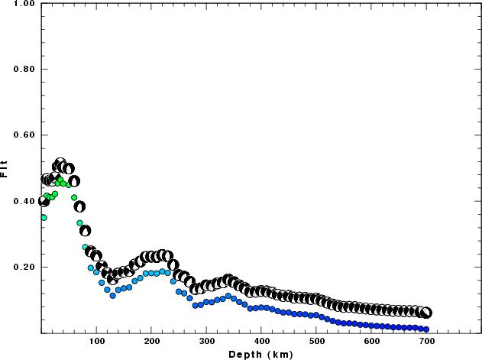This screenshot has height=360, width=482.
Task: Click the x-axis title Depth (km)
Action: point(261,355)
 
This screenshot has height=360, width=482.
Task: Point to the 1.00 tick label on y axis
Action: point(23,4)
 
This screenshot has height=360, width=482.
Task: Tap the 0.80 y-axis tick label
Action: point(23,70)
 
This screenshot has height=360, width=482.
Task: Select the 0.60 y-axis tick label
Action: point(23,135)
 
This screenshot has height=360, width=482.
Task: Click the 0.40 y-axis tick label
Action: point(23,201)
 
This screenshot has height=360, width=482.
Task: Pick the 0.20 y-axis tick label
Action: point(23,268)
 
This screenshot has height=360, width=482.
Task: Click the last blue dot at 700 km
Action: point(426,329)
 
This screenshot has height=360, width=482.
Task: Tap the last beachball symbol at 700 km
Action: point(426,313)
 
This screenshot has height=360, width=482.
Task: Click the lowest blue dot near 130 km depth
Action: point(112,295)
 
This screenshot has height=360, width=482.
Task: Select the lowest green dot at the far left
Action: point(44,217)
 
